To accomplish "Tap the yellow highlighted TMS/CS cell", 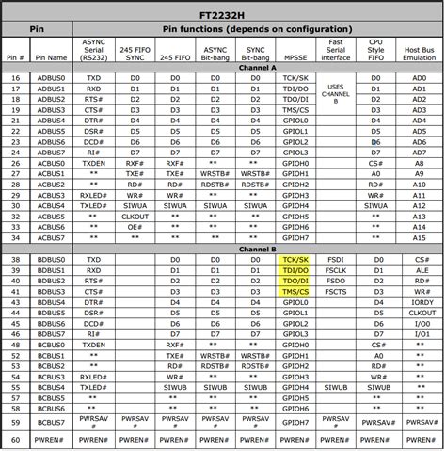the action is point(295,292).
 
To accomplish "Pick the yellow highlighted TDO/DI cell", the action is point(295,281).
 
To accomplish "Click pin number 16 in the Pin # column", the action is point(16,77).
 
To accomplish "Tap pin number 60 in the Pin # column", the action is point(16,438).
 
